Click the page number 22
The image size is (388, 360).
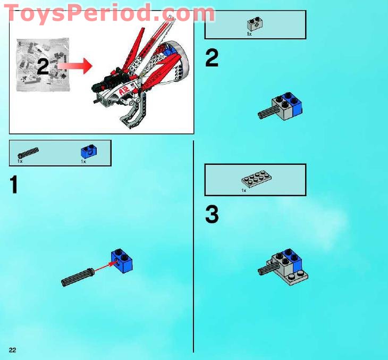tap(12, 349)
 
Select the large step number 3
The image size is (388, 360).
tap(212, 215)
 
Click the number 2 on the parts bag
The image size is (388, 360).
tap(44, 66)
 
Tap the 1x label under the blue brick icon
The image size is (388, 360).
tap(83, 161)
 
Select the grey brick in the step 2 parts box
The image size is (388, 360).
tap(253, 24)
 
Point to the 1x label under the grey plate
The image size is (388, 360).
tap(244, 190)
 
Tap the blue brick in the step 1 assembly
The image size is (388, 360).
tap(122, 260)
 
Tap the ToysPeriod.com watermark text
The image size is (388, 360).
tap(109, 13)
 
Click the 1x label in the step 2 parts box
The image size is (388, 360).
tap(249, 34)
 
